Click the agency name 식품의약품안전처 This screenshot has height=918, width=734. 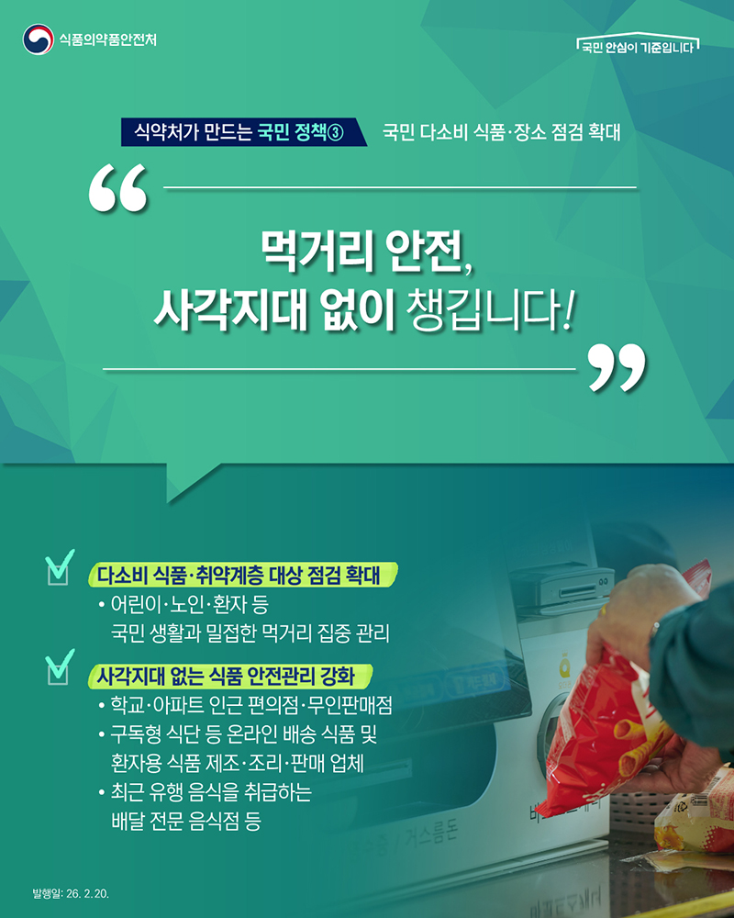tap(107, 39)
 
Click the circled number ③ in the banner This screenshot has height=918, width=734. tap(335, 132)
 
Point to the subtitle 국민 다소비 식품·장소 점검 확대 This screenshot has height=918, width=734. tap(501, 131)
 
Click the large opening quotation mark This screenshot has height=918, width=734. tap(118, 190)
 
